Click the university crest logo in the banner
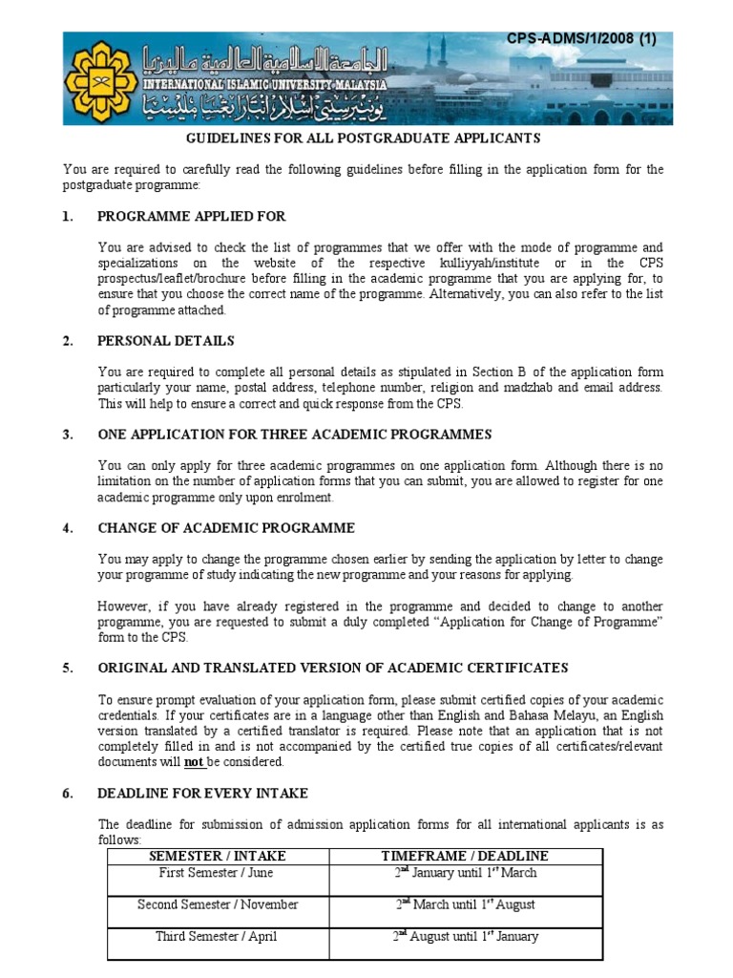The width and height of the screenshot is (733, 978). tap(98, 79)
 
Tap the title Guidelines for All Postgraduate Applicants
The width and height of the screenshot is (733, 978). tap(362, 138)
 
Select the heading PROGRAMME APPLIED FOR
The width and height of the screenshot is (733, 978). tap(191, 217)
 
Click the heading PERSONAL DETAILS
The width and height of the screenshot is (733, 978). tap(165, 341)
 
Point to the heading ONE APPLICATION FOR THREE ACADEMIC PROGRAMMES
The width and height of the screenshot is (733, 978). tap(294, 435)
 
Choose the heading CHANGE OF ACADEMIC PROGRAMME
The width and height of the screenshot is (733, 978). tap(226, 528)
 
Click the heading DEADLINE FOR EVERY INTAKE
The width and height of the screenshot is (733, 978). tap(202, 794)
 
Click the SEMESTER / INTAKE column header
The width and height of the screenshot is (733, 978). tap(218, 856)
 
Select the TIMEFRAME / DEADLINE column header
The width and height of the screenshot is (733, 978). tap(465, 856)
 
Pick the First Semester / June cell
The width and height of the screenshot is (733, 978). tap(218, 873)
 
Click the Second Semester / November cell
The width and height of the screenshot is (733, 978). tap(218, 904)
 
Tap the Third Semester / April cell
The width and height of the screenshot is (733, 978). tap(218, 936)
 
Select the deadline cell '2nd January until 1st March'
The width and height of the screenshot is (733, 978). tap(465, 873)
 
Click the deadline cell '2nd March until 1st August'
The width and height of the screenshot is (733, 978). tap(465, 904)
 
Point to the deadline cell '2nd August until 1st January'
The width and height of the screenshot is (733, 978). tap(465, 936)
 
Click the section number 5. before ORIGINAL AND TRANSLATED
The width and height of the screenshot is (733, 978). tap(68, 668)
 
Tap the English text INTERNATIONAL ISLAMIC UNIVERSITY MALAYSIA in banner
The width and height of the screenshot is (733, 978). tap(265, 84)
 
